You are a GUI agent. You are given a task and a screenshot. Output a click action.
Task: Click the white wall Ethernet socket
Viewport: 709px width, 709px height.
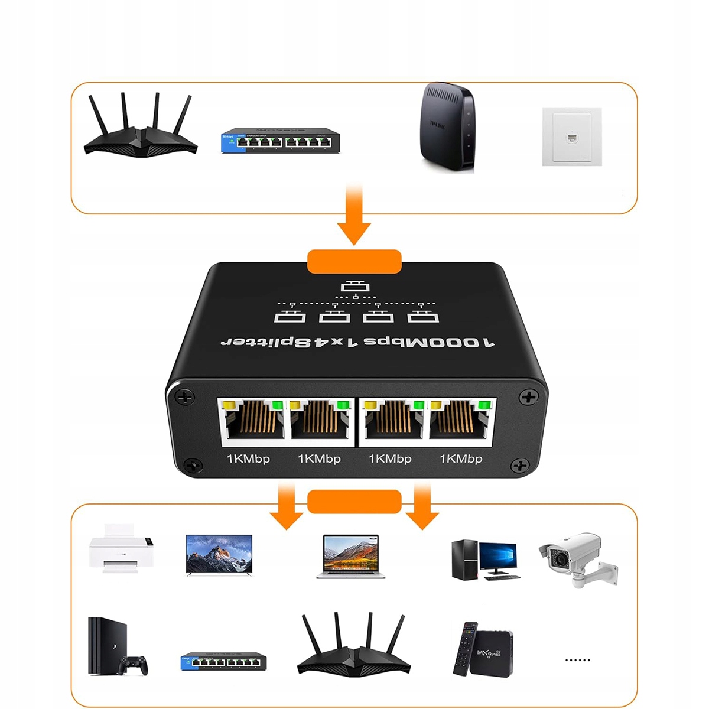572,137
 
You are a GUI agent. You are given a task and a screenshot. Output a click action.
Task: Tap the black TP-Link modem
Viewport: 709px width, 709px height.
447,128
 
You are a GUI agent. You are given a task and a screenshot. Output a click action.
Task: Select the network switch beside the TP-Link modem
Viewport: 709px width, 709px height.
281,141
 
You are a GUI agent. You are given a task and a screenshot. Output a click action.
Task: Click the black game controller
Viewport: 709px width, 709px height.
133,665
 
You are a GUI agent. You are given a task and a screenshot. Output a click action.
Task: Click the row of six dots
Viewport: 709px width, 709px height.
577,660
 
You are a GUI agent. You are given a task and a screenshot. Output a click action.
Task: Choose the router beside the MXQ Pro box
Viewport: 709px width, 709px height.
353,644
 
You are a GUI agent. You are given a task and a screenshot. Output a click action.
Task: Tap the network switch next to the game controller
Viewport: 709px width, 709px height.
223,662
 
